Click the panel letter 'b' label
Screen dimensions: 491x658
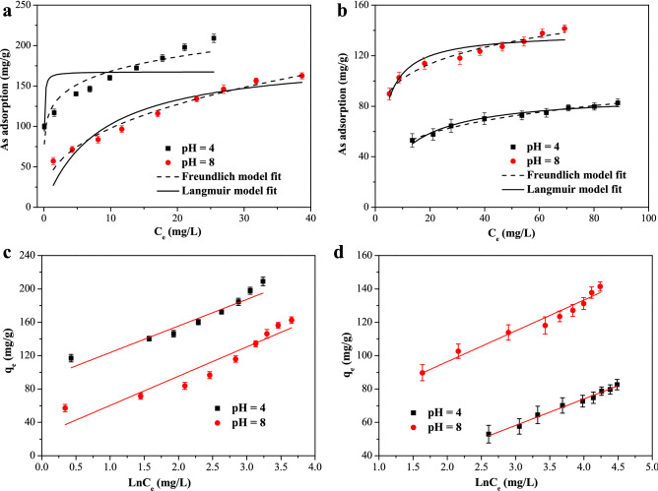[340, 11]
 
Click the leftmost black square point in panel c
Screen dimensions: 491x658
[71, 358]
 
